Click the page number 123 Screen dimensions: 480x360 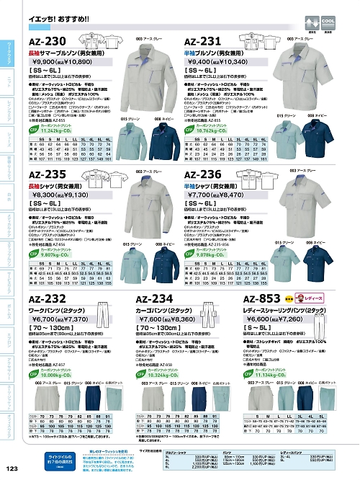(x=10, y=470)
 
